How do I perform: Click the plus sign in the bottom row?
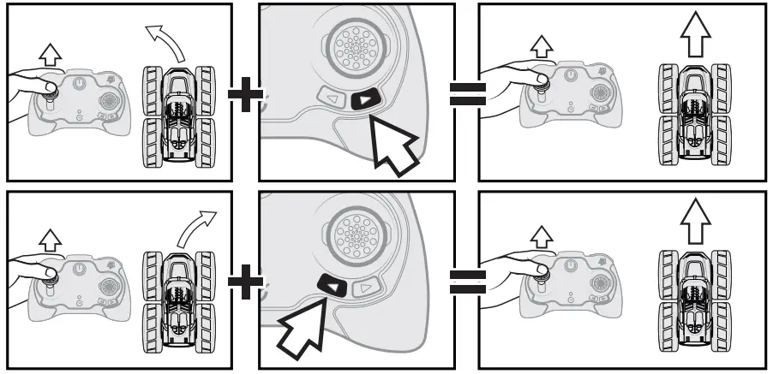pyautogui.click(x=246, y=282)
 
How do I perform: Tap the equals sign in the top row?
pyautogui.click(x=468, y=91)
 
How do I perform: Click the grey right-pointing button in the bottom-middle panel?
pyautogui.click(x=367, y=288)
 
